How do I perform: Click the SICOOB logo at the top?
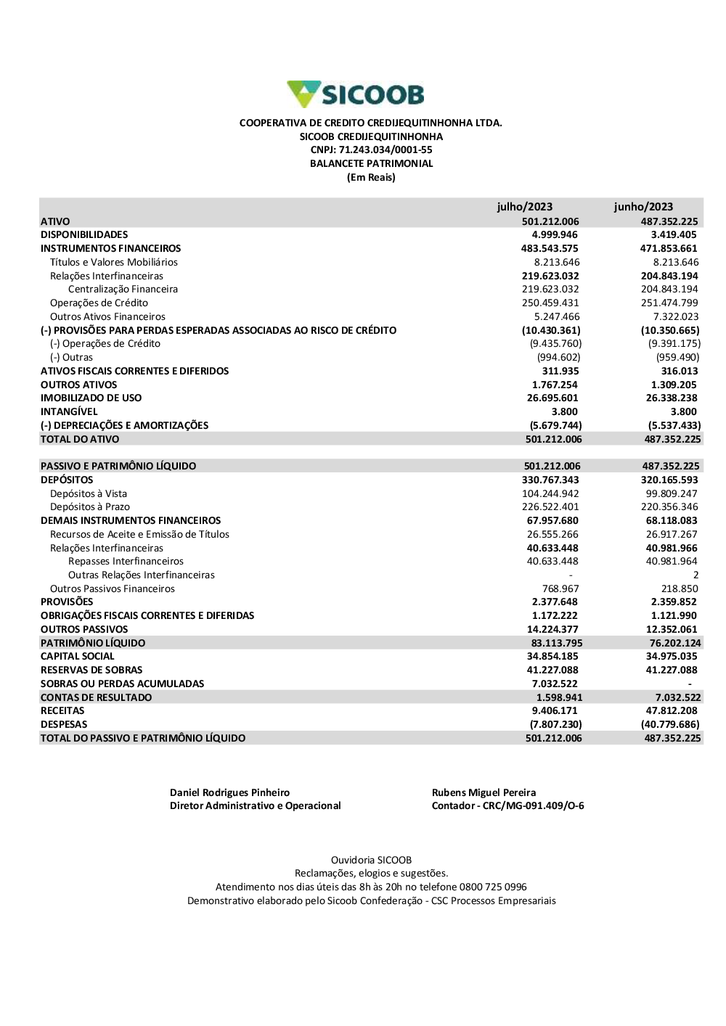click(356, 94)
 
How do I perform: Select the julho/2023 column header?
click(524, 207)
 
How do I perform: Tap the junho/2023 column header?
click(643, 207)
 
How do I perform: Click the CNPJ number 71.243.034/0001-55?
click(386, 150)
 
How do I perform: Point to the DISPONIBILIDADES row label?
click(84, 235)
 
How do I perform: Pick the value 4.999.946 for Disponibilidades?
click(555, 235)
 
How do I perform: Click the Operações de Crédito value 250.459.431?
click(550, 303)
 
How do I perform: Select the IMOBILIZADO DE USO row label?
click(91, 398)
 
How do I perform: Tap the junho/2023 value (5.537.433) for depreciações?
click(674, 426)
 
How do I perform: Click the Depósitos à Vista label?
click(89, 494)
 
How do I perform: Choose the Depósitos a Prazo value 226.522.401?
click(550, 507)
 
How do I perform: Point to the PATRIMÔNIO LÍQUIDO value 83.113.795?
click(556, 644)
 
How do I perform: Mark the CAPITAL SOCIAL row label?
click(78, 657)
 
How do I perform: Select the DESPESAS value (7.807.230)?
click(555, 725)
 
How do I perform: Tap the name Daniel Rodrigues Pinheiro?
click(229, 793)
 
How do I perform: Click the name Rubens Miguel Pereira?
click(484, 793)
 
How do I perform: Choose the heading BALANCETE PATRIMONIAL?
click(371, 164)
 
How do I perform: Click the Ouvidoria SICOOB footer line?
click(371, 861)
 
